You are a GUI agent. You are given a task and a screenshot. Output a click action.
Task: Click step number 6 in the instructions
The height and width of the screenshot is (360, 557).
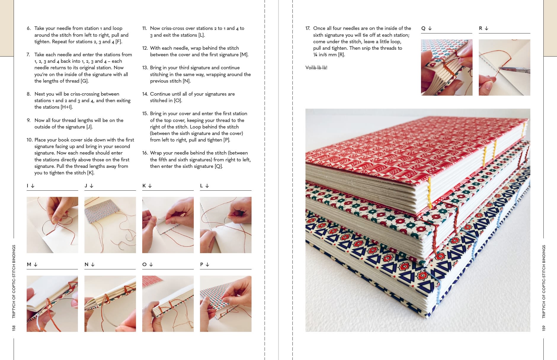[28, 28]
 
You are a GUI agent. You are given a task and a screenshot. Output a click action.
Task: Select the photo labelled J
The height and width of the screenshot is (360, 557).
[110, 225]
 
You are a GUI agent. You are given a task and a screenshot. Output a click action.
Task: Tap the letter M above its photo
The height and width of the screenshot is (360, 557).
[29, 264]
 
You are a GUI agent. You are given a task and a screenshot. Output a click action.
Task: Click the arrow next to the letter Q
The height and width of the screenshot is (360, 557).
[430, 28]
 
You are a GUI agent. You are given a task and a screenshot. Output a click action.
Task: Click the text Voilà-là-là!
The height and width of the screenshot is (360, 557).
[316, 67]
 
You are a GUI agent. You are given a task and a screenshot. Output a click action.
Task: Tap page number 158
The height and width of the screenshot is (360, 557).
[14, 328]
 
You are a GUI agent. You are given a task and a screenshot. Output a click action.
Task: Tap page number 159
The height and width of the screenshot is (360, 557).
[543, 328]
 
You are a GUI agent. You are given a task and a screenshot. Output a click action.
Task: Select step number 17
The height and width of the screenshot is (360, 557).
[308, 28]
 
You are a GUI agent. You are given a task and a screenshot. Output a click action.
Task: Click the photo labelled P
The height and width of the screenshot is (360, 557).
[225, 303]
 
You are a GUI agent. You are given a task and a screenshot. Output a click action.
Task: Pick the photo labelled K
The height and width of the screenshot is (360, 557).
[168, 225]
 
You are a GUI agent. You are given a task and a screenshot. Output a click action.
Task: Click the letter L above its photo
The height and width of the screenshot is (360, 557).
[201, 186]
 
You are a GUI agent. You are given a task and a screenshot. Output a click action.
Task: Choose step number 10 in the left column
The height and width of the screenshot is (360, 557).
[29, 140]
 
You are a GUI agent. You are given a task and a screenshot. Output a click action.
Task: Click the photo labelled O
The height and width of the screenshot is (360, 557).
[168, 303]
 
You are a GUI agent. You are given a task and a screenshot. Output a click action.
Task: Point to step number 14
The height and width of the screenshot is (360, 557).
[145, 94]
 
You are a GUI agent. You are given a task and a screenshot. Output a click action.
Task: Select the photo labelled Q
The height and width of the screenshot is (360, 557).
[446, 67]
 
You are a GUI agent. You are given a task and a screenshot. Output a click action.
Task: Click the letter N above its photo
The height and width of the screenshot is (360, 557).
[87, 264]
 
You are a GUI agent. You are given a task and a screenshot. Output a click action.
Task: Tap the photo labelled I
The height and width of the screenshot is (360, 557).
[52, 225]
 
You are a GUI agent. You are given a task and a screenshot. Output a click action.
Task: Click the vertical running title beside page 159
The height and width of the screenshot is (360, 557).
[543, 281]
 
